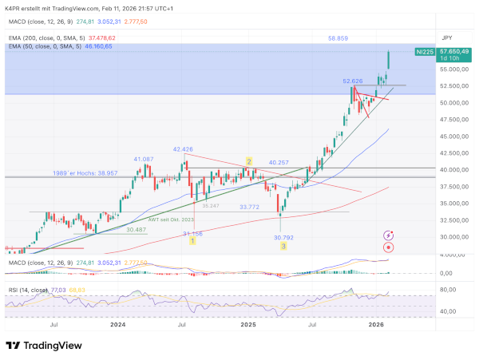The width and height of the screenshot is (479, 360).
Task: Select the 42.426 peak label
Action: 183,149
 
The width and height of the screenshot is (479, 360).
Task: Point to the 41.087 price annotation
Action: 144,159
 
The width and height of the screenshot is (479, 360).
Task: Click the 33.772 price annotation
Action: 251,206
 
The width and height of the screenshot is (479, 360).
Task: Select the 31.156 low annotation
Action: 192,233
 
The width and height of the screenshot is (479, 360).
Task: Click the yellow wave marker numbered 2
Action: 249,161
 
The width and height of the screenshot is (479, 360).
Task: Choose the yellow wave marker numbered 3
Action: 283,247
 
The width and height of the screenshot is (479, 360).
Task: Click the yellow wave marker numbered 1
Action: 192,242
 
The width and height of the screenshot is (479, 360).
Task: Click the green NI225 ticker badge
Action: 426,51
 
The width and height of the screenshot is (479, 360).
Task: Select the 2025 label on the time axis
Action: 247,326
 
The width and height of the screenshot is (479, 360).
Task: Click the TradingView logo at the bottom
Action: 46,346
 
